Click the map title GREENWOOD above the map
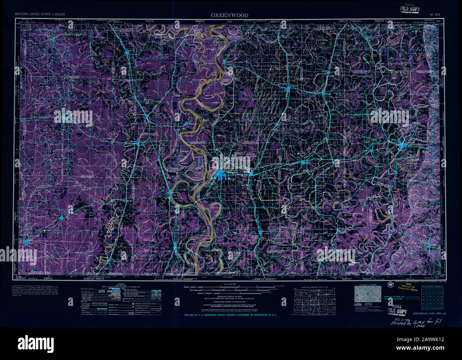pyautogui.click(x=230, y=15)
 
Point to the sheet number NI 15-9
pyautogui.click(x=435, y=15)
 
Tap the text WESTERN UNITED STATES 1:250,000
pyautogui.click(x=40, y=14)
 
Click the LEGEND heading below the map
pyautogui.click(x=121, y=285)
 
